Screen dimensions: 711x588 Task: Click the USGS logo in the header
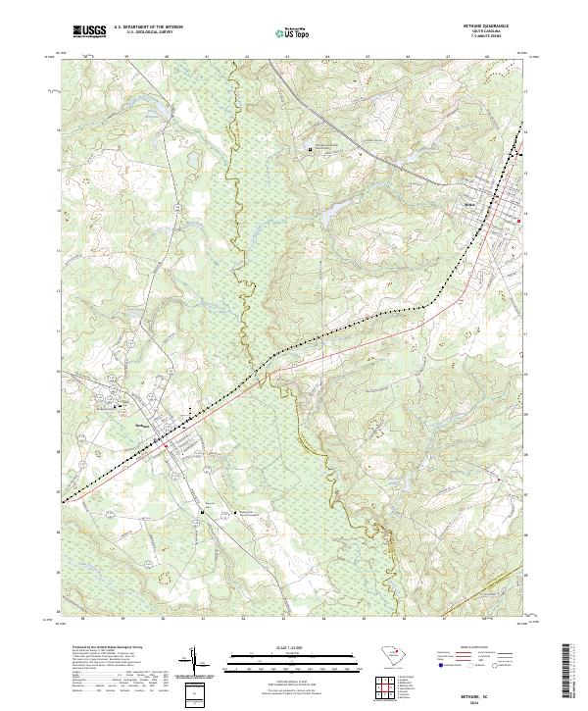(89, 31)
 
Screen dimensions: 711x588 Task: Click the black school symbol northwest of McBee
(311, 149)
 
